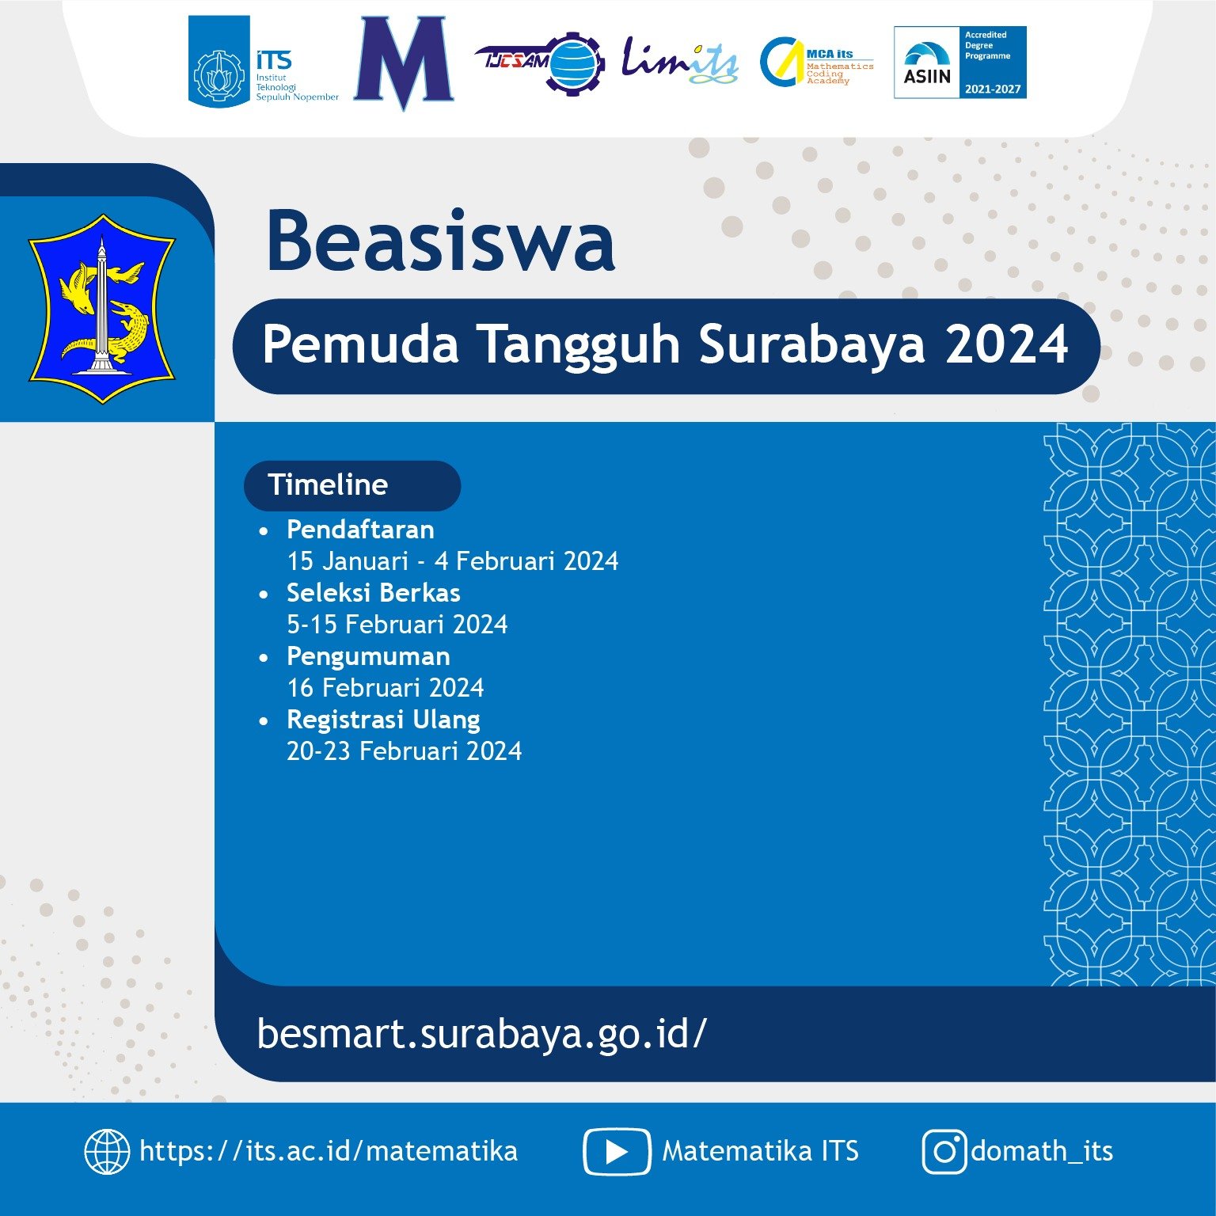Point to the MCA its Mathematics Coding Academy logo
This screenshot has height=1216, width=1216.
[815, 62]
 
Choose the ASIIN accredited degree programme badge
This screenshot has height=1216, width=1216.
[959, 62]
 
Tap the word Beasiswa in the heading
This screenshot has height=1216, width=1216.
[441, 241]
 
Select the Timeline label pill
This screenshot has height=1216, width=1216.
[351, 485]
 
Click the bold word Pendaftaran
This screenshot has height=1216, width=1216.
[360, 529]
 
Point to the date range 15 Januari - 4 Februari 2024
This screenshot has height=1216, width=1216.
[452, 561]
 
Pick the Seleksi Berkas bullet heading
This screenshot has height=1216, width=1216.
[373, 593]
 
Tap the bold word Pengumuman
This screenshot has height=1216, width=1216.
[368, 656]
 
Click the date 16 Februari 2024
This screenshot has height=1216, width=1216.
[385, 688]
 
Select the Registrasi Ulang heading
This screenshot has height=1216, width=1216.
[383, 720]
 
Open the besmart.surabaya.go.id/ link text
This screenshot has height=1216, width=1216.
[481, 1033]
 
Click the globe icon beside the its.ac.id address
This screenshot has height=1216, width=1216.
[107, 1151]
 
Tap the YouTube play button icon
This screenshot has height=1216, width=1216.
[617, 1152]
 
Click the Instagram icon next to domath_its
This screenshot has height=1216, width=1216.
[944, 1152]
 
